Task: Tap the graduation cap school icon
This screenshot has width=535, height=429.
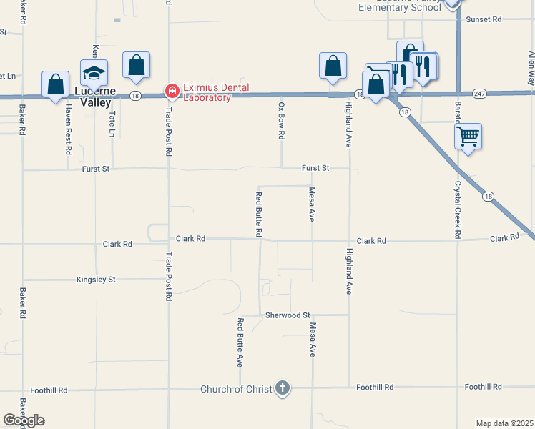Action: coord(94,73)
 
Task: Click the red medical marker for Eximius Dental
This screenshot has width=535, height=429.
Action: coord(172,92)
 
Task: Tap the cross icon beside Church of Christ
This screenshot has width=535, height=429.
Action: coord(283,388)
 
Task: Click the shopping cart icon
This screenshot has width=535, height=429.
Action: coord(468,136)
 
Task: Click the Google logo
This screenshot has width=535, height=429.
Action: coord(24,420)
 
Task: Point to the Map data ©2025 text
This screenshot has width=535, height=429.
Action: coord(504,423)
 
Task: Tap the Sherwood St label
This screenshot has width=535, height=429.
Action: coord(287,315)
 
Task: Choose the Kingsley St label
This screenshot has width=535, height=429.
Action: coord(96,280)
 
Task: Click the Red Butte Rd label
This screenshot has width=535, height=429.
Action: coord(259,214)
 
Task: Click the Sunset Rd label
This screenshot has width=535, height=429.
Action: coord(484,19)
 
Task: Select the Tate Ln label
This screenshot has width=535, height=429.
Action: coord(112,122)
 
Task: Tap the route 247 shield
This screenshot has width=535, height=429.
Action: coord(479,94)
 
